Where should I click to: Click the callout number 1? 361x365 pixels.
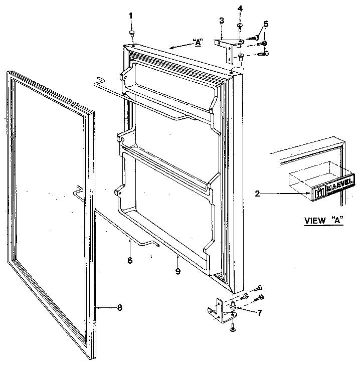[x=131, y=16]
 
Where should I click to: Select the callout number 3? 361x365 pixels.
[x=221, y=21]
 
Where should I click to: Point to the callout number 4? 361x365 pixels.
[x=240, y=9]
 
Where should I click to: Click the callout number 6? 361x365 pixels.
[x=130, y=260]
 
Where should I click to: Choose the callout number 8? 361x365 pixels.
[x=119, y=308]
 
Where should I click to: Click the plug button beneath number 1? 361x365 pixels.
[x=131, y=33]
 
